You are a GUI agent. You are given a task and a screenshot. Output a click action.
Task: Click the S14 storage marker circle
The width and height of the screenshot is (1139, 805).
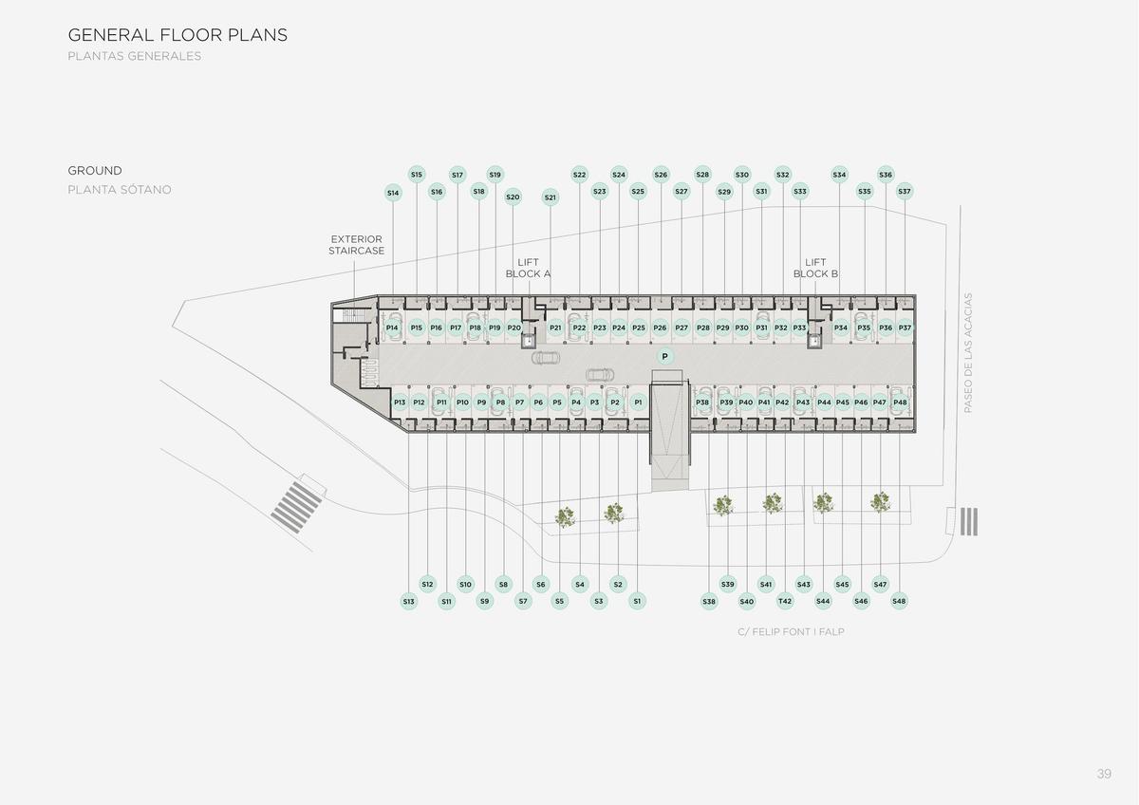393,194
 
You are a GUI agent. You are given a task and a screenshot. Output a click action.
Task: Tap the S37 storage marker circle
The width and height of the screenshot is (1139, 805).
904,191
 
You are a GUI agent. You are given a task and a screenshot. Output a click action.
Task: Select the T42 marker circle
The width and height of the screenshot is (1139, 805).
785,601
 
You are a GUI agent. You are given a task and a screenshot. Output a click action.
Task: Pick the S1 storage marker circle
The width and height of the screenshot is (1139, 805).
637,601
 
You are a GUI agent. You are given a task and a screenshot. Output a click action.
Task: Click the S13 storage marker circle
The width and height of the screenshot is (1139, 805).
409,602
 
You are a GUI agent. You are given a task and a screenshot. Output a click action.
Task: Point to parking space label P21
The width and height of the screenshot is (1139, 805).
555,328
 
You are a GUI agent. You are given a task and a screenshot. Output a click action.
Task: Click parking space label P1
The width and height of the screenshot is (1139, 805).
638,402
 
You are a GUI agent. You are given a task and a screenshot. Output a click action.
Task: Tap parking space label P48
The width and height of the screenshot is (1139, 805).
900,402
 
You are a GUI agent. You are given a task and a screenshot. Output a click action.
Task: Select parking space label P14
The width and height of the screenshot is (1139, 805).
391,328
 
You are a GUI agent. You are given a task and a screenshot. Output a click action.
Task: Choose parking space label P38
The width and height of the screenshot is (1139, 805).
702,402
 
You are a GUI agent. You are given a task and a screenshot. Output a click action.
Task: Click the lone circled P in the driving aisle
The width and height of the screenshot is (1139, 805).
664,357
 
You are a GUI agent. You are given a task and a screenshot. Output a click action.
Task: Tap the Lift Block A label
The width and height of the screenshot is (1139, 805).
528,268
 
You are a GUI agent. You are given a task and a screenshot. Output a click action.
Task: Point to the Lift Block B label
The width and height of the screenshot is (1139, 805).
815,268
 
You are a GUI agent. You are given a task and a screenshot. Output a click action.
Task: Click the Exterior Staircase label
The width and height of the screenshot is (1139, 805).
357,245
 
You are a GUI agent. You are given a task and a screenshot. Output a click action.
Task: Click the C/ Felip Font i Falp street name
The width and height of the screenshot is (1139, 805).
791,632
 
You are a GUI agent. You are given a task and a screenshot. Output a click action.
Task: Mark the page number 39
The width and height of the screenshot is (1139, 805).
1104,774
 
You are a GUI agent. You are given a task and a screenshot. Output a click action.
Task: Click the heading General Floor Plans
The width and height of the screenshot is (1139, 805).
177,35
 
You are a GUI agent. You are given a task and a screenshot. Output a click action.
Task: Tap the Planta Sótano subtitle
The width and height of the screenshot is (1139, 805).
120,190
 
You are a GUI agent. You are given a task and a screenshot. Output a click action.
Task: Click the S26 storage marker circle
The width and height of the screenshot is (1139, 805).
661,175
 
